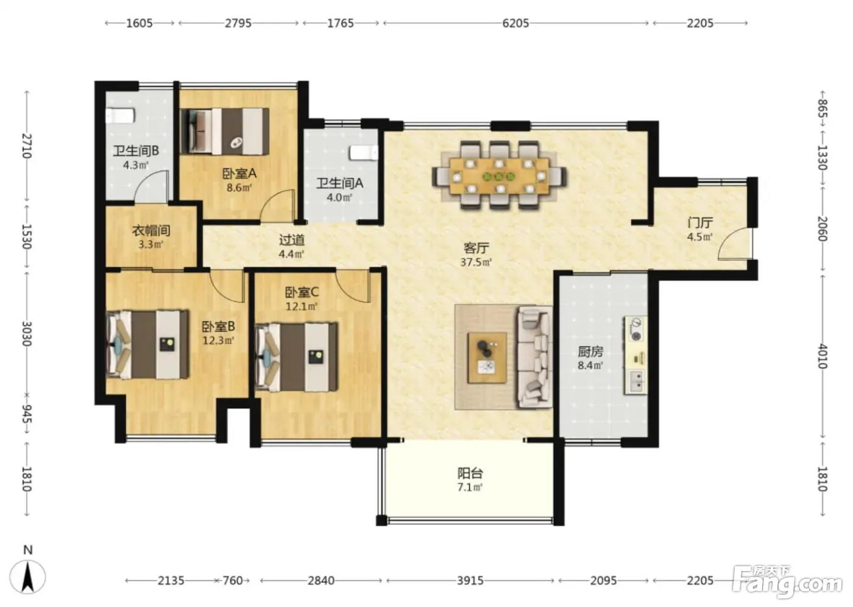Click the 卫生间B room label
point(136,151)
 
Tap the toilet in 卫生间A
point(364,153)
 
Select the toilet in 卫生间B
point(120,116)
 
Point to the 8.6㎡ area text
point(239,188)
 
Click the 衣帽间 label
point(151,230)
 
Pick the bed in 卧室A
point(225,132)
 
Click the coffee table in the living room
point(487,358)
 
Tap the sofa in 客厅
point(534,358)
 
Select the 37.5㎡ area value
point(476,263)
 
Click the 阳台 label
point(470,474)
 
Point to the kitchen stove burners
point(635,329)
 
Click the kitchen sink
point(635,381)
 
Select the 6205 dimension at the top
point(515,23)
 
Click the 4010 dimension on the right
point(823,356)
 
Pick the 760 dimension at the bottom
point(233,581)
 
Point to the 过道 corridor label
point(292,240)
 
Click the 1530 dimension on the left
point(27,236)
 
